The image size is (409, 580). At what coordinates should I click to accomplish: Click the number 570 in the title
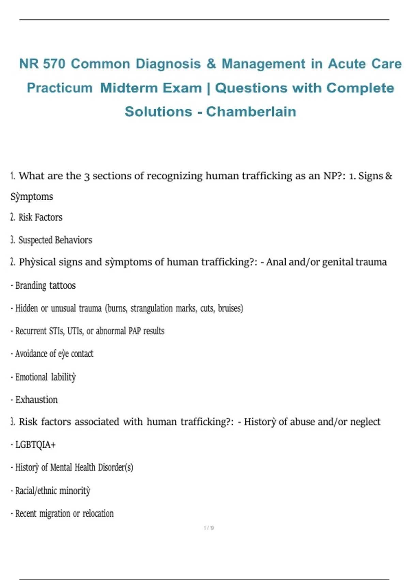(x=54, y=64)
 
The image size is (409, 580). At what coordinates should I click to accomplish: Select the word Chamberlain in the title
(x=251, y=112)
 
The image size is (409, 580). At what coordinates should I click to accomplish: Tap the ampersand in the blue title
(x=211, y=64)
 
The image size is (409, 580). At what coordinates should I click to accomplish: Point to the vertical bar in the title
(x=209, y=88)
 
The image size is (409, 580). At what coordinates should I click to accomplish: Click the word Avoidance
(x=31, y=354)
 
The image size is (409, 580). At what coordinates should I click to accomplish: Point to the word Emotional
(x=31, y=377)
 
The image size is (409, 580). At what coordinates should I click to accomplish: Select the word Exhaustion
(x=36, y=400)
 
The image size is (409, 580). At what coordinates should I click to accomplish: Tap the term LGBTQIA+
(x=35, y=445)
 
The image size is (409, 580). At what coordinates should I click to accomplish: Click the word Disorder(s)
(x=115, y=467)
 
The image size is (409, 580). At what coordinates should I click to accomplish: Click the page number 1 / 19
(x=209, y=528)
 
